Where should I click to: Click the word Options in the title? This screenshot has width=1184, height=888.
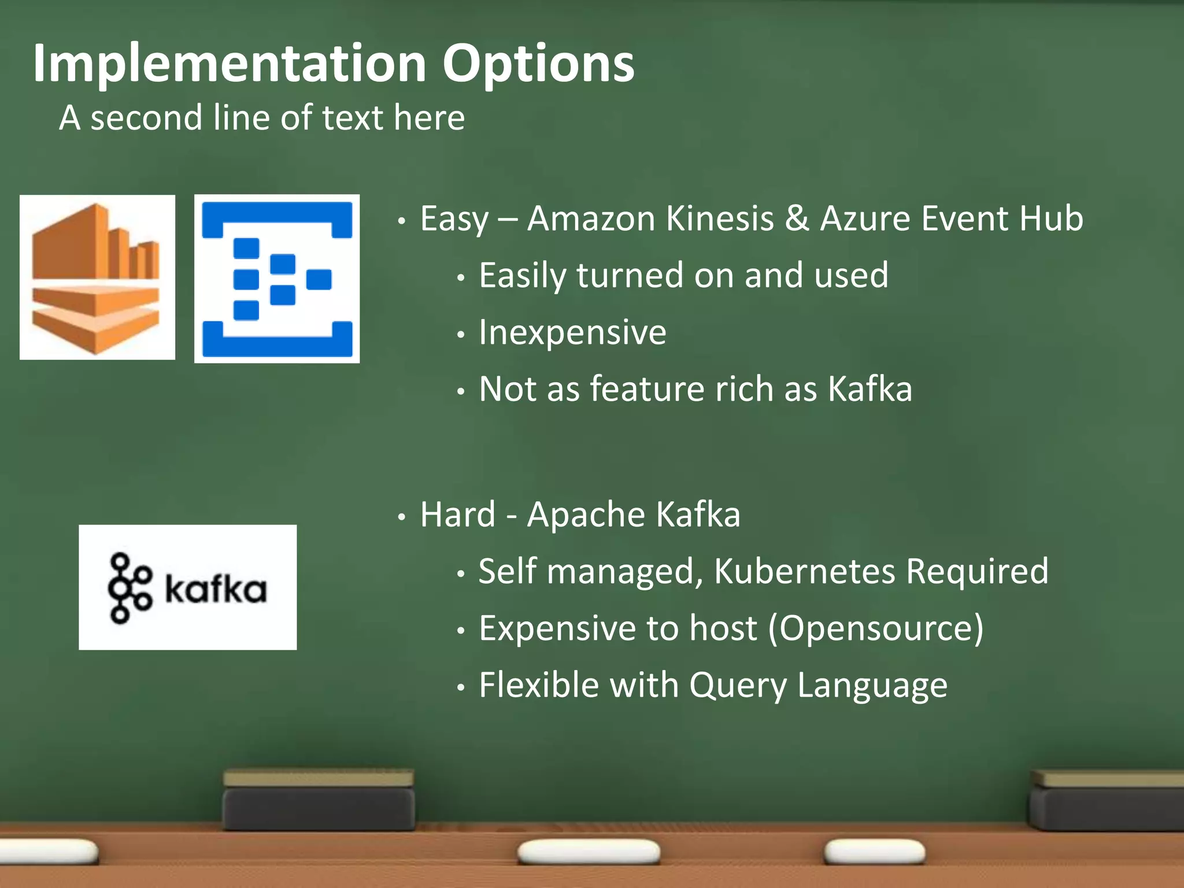click(538, 64)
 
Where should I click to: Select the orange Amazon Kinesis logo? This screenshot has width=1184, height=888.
click(97, 277)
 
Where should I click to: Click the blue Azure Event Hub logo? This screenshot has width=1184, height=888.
click(277, 279)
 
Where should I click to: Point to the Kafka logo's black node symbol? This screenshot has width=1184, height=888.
click(129, 588)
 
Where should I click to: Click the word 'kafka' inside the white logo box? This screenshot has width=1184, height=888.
click(216, 589)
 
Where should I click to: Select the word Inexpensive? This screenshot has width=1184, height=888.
click(572, 332)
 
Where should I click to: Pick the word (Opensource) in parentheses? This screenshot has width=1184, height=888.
click(875, 628)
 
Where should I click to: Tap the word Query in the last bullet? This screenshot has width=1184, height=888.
click(738, 686)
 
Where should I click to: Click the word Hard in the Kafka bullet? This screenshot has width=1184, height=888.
click(458, 515)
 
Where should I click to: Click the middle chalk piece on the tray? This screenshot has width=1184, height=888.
click(589, 852)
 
